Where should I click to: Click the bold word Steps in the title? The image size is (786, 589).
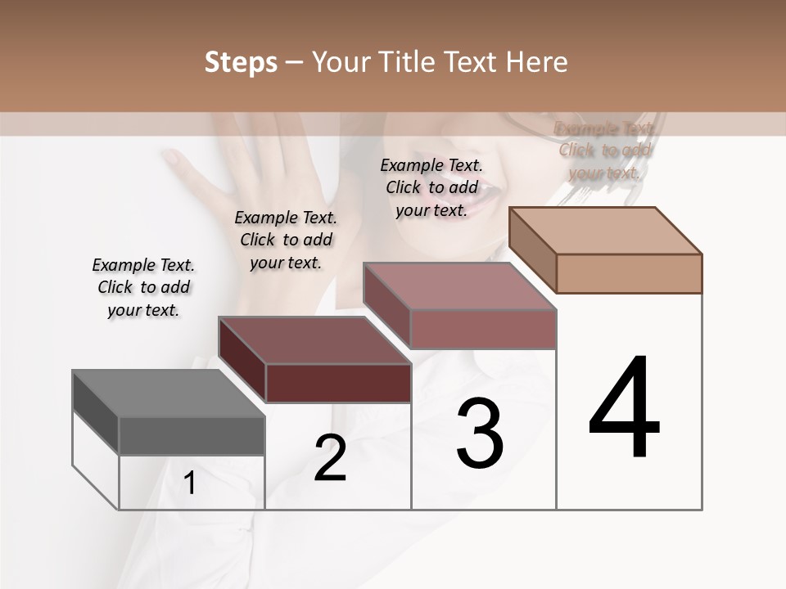241,62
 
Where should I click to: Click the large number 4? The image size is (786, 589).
624,409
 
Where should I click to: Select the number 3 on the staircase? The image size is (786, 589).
480,434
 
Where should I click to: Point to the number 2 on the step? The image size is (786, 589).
330,458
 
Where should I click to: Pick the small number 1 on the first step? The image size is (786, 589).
190,483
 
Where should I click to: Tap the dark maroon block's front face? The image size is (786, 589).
338,383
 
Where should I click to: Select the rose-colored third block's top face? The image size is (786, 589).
458,286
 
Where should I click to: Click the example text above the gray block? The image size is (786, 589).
143,287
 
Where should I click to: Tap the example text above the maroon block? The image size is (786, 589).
286,240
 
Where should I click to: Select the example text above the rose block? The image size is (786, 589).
431,187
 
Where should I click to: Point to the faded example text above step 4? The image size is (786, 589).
605,150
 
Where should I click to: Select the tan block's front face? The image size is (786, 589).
629,273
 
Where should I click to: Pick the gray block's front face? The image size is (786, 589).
192,436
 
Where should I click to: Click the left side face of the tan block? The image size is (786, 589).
532,250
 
